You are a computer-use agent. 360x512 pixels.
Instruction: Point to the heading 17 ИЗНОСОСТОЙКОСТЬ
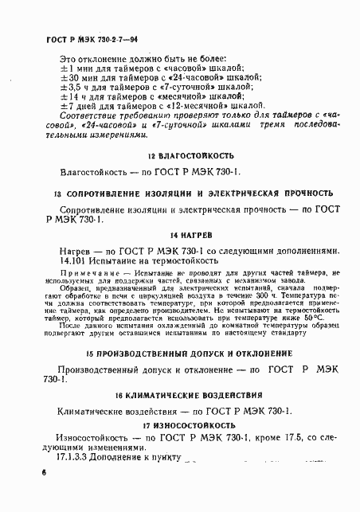tap(180, 425)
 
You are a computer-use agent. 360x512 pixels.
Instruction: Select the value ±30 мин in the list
tap(80, 81)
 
